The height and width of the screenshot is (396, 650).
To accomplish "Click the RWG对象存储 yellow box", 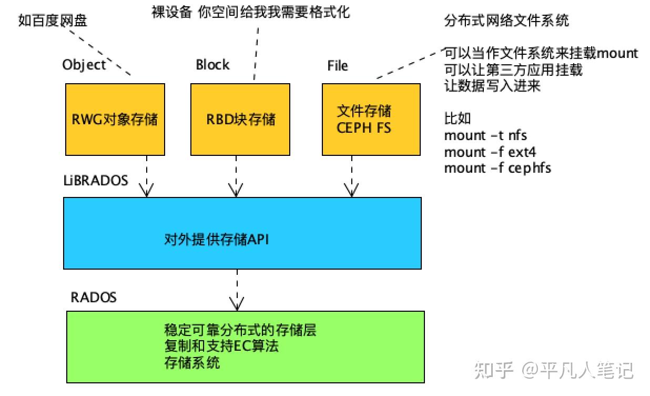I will point(115,119).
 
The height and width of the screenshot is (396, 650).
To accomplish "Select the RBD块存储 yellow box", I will point(240,119).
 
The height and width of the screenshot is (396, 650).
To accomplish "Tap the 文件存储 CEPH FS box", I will point(371,119).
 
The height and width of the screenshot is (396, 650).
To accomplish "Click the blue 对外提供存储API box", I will point(242,233).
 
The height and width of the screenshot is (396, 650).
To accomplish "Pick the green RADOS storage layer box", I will point(245,346).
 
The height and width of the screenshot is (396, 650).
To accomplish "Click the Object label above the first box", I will point(84,65).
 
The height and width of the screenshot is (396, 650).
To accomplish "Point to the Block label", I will point(212,65).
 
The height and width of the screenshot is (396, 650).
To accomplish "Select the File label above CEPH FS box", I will point(338,66).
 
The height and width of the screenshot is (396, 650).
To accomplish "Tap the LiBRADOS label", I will point(95,181).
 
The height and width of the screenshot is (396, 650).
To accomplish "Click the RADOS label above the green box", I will point(93,298).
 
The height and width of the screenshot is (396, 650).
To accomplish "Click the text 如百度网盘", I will point(53,21).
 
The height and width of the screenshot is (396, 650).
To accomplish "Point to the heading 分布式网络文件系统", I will point(506,21).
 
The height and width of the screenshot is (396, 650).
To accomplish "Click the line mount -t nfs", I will point(485,135).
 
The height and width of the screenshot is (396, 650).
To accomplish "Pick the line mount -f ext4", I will point(490,152).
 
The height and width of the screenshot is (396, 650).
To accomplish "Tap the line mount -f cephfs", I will point(497,169).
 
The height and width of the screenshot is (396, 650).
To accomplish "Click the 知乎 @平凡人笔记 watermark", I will point(554,370).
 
